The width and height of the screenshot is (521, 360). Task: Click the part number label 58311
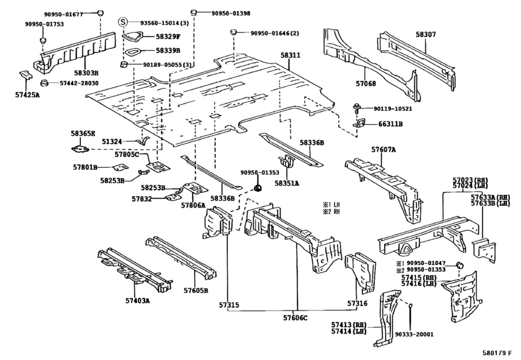tap(290, 55)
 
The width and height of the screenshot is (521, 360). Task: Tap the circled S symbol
tap(123, 22)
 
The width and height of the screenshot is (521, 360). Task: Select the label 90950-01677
tap(64, 14)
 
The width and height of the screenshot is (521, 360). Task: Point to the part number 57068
tap(366, 84)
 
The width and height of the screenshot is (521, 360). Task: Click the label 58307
tap(426, 34)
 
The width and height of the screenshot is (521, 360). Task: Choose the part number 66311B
tap(391, 124)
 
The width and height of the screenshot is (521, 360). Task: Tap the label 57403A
tap(137, 300)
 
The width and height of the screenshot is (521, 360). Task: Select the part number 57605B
tap(196, 291)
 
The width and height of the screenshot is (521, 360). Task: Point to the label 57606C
tap(296, 318)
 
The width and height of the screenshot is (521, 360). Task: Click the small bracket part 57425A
tap(25, 75)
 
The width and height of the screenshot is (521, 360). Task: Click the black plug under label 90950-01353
tap(258, 188)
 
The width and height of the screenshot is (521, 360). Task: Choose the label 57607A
tap(384, 150)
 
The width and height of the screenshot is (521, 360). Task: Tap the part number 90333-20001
tap(414, 334)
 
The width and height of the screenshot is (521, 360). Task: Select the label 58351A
tap(287, 183)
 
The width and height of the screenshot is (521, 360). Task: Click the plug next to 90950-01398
tap(192, 13)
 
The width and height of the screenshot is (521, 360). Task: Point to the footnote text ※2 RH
tap(331, 211)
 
